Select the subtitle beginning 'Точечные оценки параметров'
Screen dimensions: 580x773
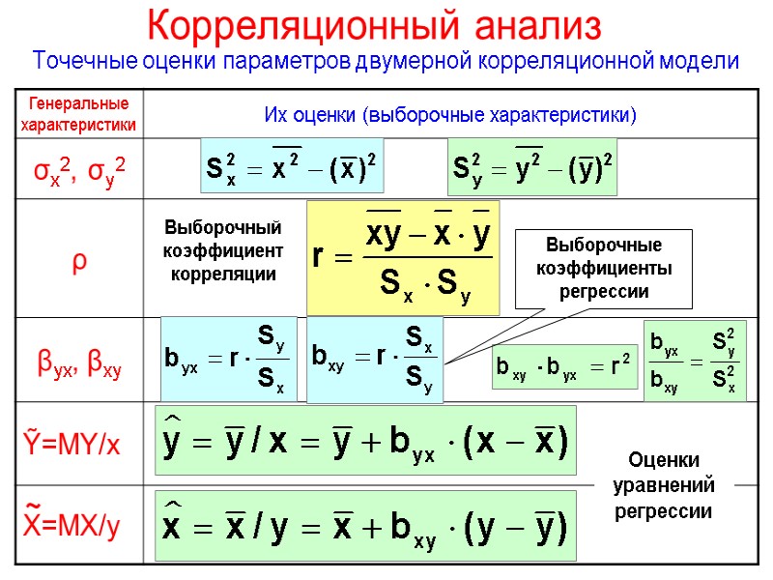pos(386,61)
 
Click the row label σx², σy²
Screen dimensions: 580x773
pos(79,170)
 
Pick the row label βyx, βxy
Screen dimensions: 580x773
pos(79,364)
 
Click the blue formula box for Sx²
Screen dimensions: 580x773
pos(292,167)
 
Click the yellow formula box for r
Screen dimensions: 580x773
pos(403,258)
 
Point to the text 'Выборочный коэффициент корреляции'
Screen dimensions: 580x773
pos(223,251)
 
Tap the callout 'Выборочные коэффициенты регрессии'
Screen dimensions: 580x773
pos(602,267)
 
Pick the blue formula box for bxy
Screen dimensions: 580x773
pos(375,359)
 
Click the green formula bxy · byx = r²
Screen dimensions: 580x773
pos(564,367)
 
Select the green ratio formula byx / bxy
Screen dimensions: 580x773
pos(694,361)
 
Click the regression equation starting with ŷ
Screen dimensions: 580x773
pos(365,446)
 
